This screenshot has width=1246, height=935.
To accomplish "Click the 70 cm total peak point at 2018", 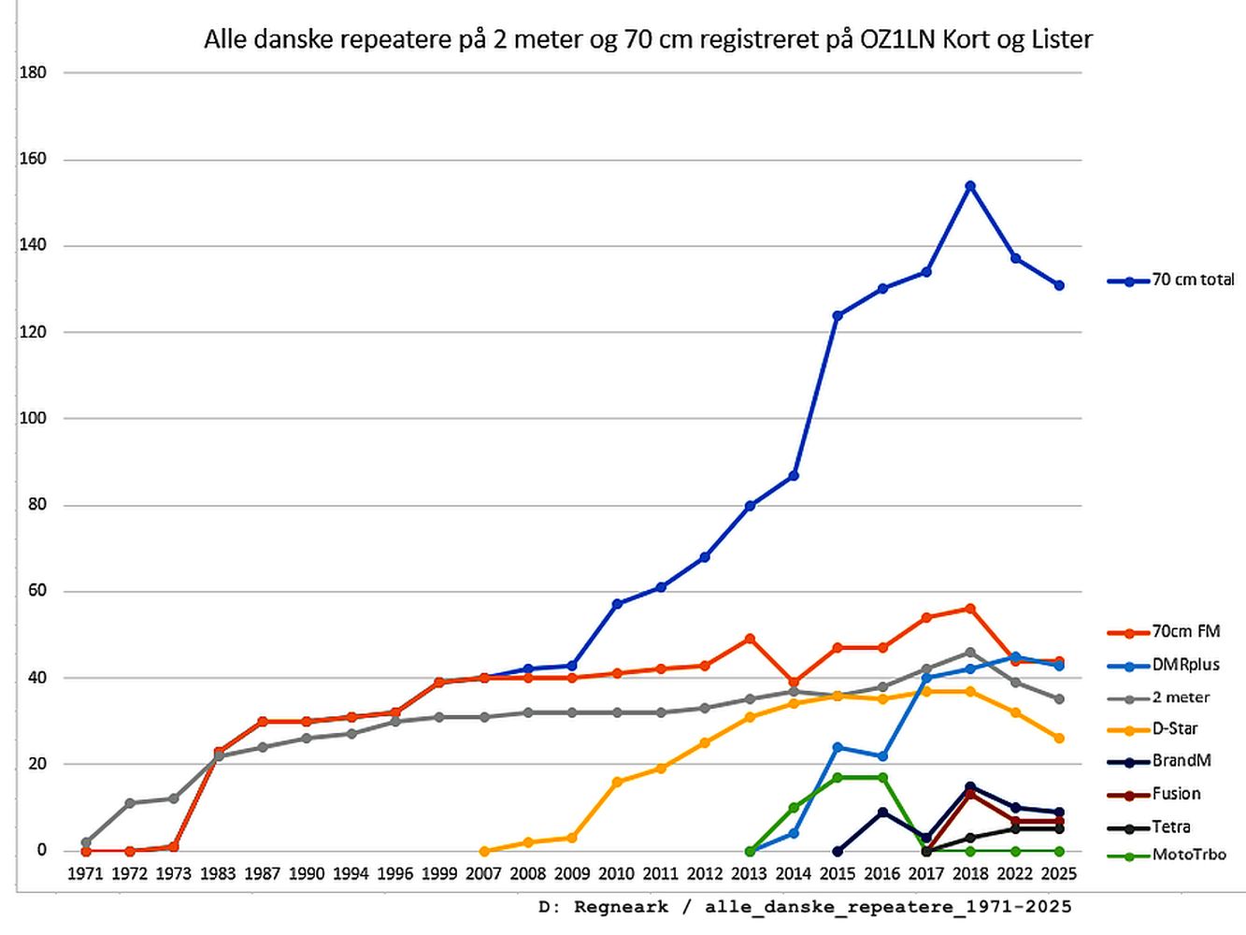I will coord(970,186).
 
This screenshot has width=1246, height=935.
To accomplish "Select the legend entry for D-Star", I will coord(1175,729).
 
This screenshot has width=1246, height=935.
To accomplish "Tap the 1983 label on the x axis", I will coord(218,874).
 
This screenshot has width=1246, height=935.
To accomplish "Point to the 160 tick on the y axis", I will coord(33,159).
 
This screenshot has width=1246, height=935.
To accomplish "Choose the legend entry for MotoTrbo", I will coord(1188,855).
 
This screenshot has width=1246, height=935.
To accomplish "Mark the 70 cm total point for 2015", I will coord(838,316).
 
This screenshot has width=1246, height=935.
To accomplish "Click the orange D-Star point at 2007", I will coord(484,851).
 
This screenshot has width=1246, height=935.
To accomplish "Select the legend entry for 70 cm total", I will coord(1193,280).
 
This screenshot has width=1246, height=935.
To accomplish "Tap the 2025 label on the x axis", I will coord(1058,874).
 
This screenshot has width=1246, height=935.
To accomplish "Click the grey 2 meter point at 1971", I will coord(86,842).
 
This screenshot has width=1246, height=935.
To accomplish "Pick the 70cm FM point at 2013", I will coord(750,639).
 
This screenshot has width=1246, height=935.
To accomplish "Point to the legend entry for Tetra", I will coord(1171,827).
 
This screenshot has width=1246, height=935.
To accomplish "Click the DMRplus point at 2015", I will coord(838,747).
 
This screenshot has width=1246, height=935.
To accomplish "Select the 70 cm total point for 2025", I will coord(1059,285).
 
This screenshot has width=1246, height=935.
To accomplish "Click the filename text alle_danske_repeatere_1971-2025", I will coord(888,907).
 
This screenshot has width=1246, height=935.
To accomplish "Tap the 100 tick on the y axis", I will coord(33,418).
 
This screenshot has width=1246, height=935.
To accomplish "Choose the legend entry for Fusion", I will coord(1176,794).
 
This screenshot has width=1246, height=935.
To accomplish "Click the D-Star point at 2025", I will coord(1059,739).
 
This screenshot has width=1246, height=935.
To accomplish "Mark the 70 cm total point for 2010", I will coord(617,604).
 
